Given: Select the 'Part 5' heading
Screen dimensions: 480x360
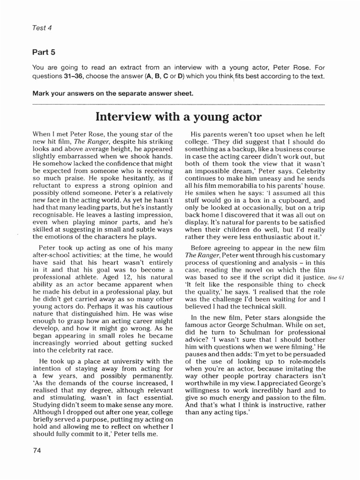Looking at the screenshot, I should point(44,52).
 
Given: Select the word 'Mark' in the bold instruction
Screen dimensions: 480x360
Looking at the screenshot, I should point(41,93).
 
